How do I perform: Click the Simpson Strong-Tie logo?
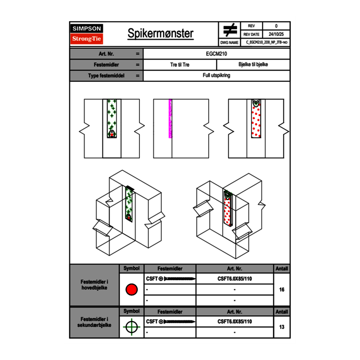pos(87,34)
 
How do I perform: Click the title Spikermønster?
pos(160,34)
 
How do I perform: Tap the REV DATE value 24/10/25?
pos(276,34)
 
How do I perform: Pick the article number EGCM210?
pos(216,54)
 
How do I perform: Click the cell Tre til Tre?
pos(180,65)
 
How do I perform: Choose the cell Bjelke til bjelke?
pos(253,65)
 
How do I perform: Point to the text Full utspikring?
pos(216,76)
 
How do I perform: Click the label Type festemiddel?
pos(106,76)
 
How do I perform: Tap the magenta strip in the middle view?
pos(170,119)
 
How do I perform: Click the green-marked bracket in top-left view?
pos(112,118)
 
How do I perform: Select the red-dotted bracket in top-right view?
pos(256,119)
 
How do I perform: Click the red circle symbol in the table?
pos(131,290)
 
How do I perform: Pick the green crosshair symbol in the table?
pos(131,327)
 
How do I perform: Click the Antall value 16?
pos(281,290)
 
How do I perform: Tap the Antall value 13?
pos(281,327)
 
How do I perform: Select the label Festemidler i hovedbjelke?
pos(94,285)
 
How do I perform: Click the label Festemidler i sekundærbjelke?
pos(94,322)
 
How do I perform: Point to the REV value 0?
pos(276,26)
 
